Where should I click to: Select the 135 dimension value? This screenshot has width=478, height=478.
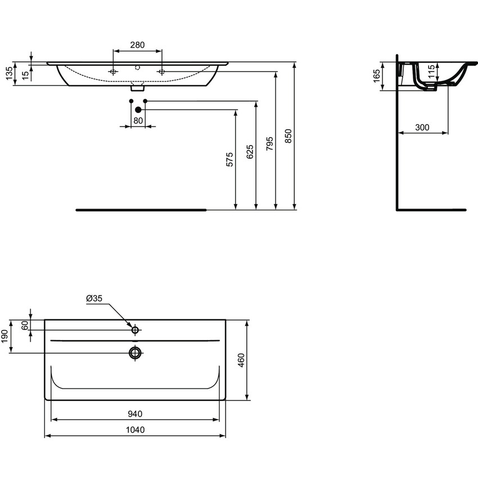(x=9, y=74)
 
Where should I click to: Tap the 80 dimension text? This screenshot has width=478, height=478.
(x=138, y=120)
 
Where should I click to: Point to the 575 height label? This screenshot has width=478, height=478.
(x=229, y=159)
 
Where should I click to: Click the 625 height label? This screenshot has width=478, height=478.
(x=250, y=153)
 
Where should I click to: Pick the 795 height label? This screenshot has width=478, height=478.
(x=270, y=143)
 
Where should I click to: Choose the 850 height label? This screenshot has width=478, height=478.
(x=288, y=137)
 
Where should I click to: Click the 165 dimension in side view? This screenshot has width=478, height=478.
(x=376, y=76)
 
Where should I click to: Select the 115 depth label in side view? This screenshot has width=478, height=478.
(x=431, y=72)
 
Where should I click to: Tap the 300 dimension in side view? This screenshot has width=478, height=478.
(x=422, y=128)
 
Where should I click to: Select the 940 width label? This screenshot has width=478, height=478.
(x=135, y=414)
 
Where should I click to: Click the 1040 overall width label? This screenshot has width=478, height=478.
(x=135, y=430)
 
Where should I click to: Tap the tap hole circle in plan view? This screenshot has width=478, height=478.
(x=135, y=330)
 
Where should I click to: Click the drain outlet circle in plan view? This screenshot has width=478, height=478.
(x=135, y=353)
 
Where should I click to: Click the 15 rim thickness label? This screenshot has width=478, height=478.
(x=25, y=74)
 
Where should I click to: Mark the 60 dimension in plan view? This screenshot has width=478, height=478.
(x=25, y=326)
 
